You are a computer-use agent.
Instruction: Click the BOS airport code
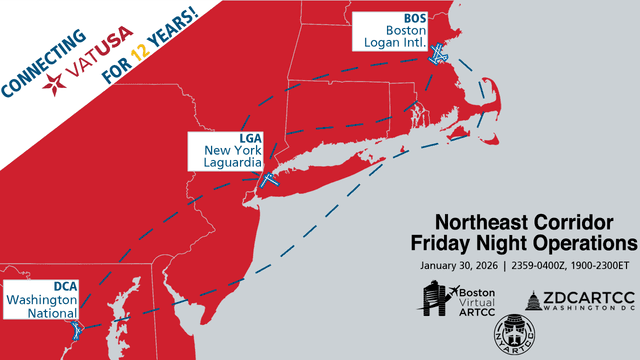[413, 18]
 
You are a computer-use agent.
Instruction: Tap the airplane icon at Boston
[436, 57]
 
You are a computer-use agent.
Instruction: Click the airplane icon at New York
[268, 179]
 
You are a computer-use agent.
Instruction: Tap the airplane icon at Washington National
[73, 328]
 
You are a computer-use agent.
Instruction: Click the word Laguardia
[227, 161]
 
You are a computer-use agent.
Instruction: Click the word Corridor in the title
[592, 223]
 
